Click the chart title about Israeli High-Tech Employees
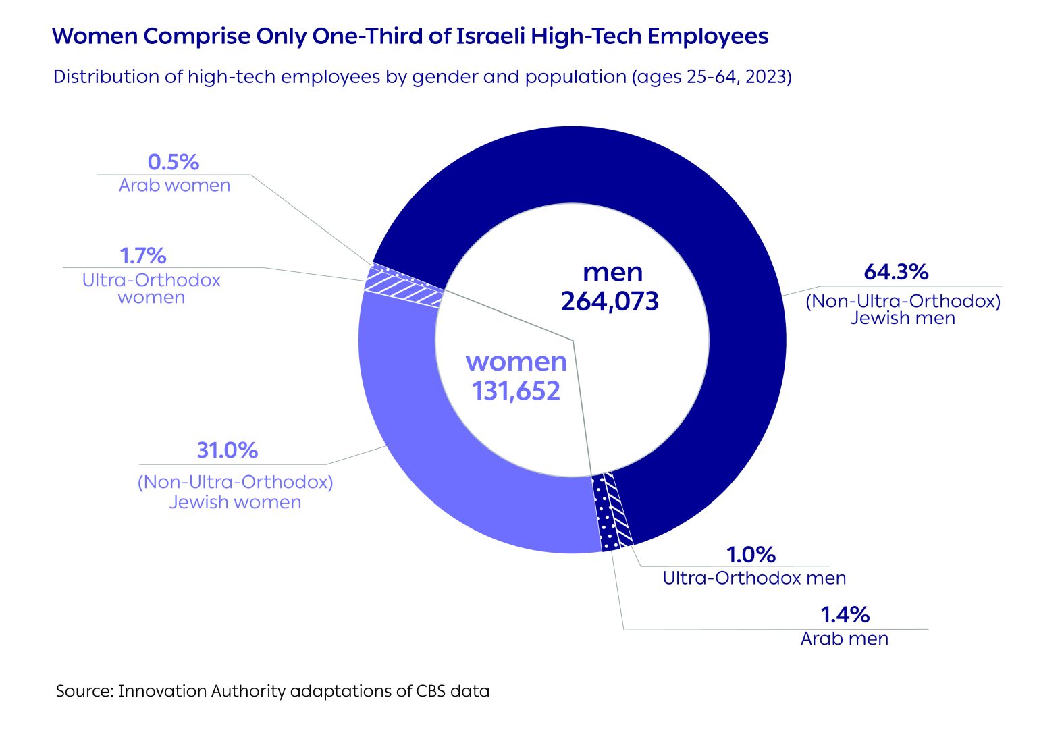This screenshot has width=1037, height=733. (x=410, y=36)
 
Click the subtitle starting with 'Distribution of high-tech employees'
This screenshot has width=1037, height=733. (x=422, y=77)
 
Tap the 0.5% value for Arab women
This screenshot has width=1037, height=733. (x=174, y=162)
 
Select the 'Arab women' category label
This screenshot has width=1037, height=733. (x=174, y=186)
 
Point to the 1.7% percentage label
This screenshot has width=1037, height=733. (x=142, y=256)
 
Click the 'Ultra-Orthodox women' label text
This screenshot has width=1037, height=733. (x=151, y=289)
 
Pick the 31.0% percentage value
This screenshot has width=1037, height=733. (x=227, y=450)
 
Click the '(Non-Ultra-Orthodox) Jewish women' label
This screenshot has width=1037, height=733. (x=235, y=492)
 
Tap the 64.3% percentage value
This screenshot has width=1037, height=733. (x=896, y=272)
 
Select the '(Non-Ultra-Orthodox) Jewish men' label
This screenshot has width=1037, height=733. (x=903, y=309)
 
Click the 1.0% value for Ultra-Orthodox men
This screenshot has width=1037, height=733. (x=751, y=555)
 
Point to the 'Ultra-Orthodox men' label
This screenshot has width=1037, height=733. (x=754, y=578)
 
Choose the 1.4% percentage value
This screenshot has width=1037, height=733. (x=845, y=615)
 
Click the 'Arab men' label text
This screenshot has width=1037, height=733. (x=845, y=639)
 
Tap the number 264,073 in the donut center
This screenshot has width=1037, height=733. (x=610, y=301)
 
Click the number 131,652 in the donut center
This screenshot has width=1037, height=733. (x=516, y=391)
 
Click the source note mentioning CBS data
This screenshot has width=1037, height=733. (x=273, y=691)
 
